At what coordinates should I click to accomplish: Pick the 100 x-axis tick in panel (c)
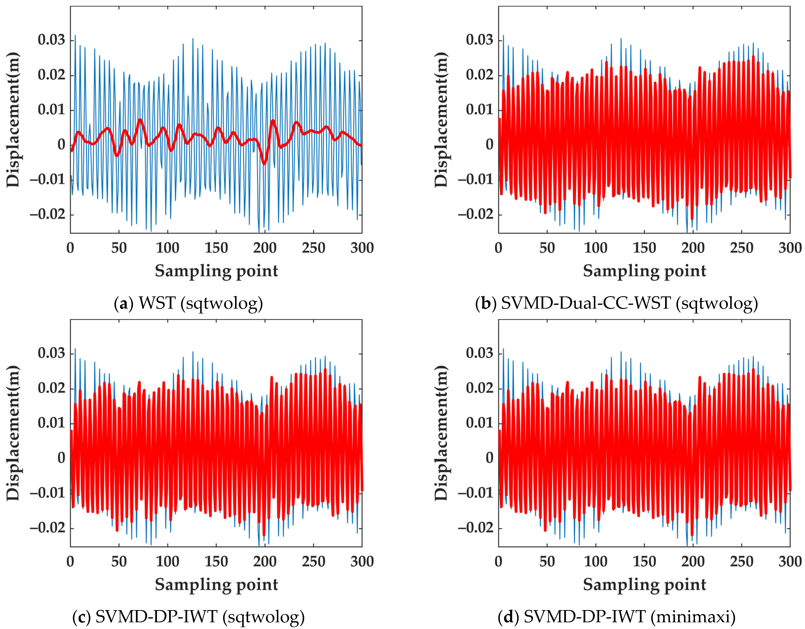click(167, 562)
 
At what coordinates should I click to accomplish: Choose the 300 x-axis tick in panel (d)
click(790, 562)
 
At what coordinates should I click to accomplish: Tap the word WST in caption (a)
click(157, 303)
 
